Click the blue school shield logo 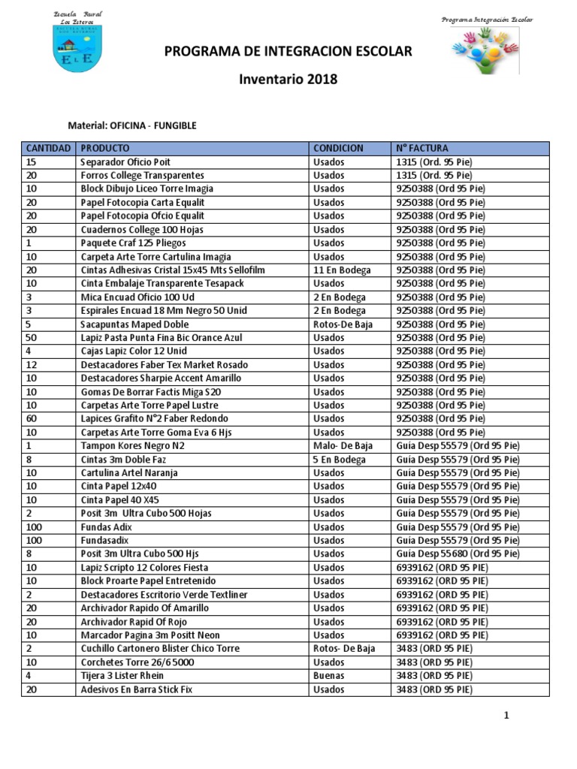tap(78, 49)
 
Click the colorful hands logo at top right tap(485, 50)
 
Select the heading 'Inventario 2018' tap(288, 80)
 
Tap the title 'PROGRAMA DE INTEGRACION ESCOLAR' tap(288, 52)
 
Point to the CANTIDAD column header tap(48, 149)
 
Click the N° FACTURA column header tap(422, 149)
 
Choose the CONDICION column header tap(338, 149)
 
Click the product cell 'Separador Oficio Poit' tap(125, 162)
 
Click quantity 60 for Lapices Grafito tap(32, 419)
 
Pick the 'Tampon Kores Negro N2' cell tap(131, 446)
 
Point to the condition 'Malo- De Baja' tap(343, 446)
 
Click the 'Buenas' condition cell tap(329, 676)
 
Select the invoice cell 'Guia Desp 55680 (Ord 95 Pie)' tap(457, 554)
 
